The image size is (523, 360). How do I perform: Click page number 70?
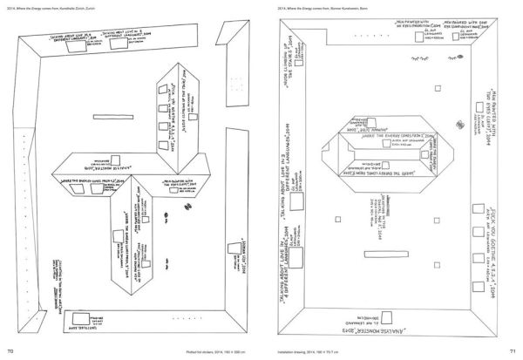coord(10,350)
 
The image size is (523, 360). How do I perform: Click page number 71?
coord(513,350)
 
